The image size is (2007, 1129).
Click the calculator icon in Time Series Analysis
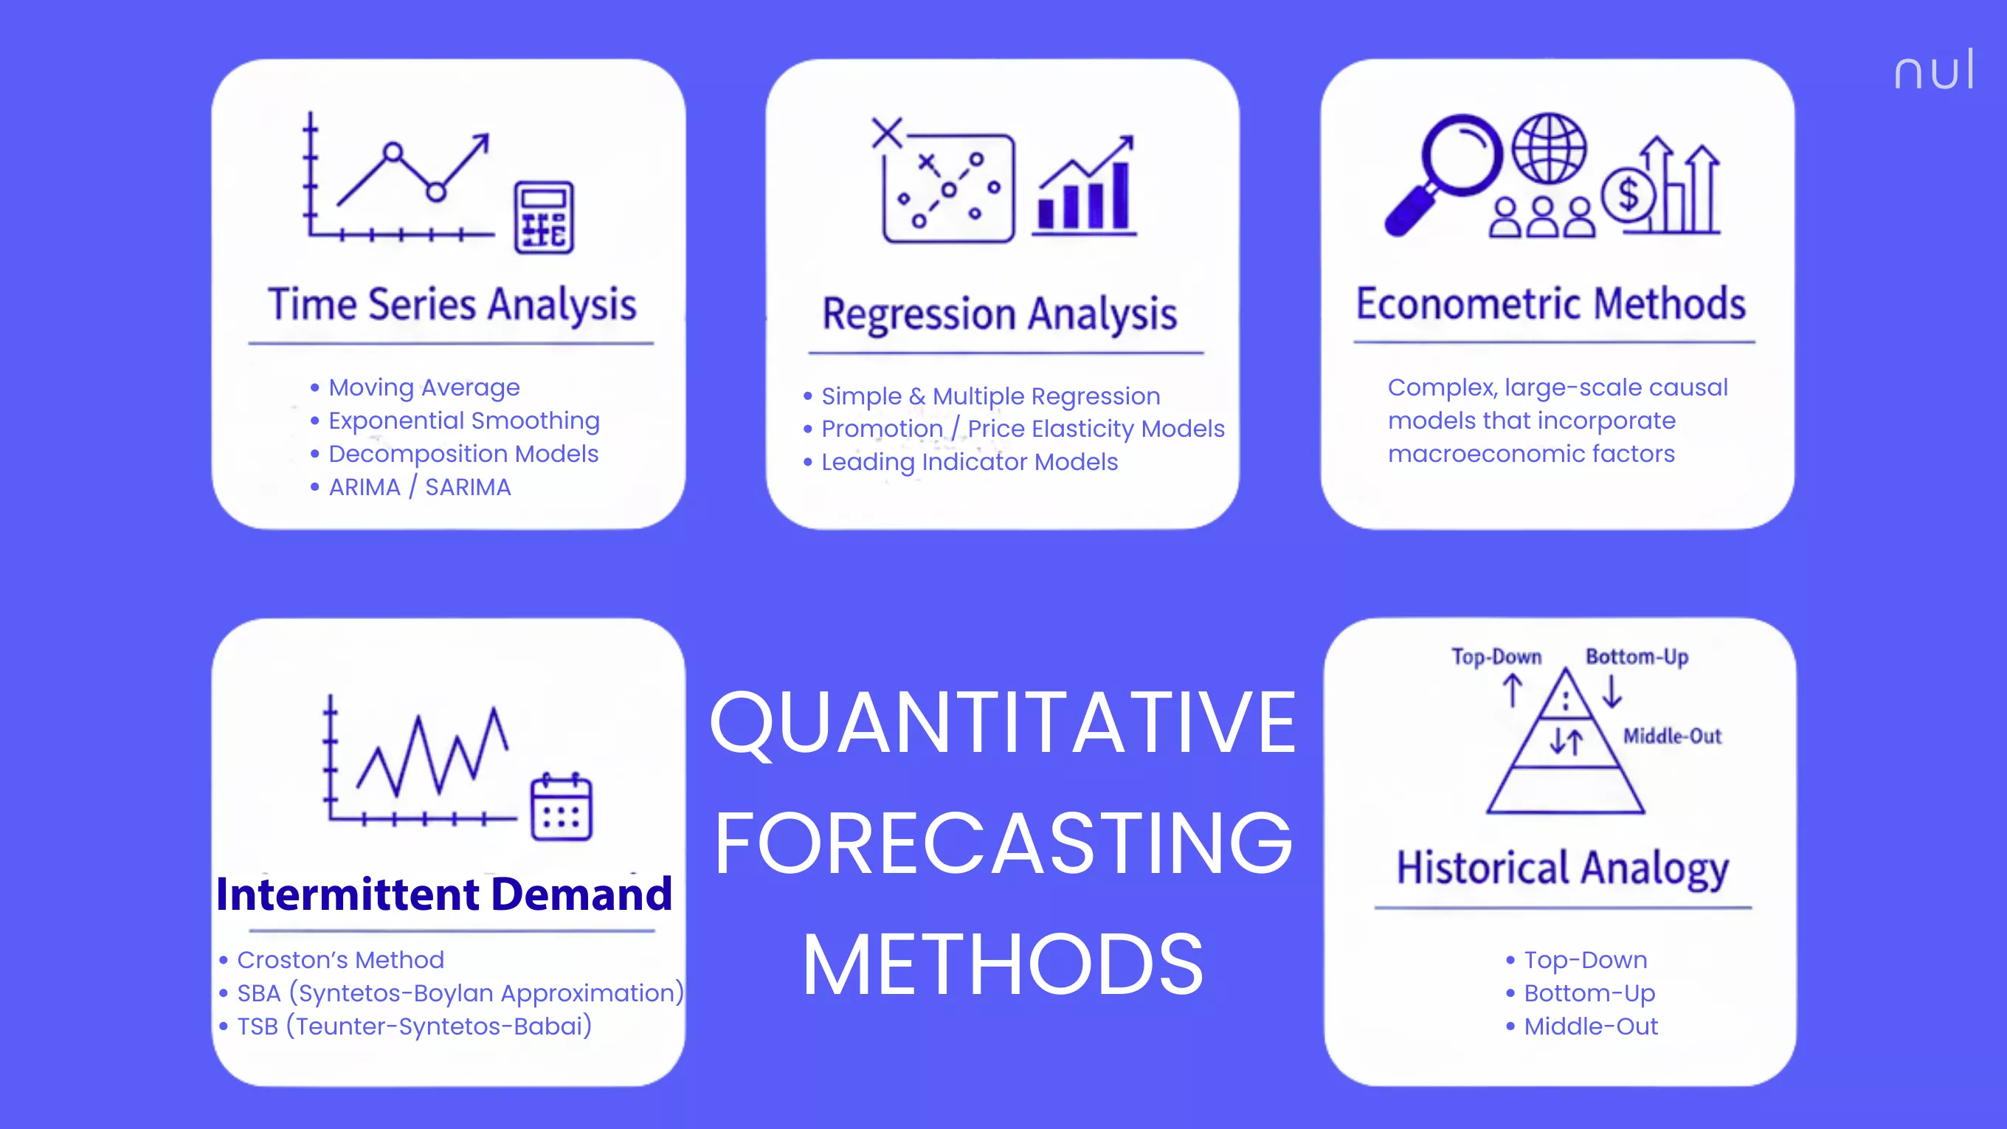[x=544, y=218]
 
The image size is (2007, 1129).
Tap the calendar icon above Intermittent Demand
[x=561, y=807]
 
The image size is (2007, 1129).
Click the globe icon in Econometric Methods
[x=1549, y=148]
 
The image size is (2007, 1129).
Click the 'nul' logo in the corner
[x=1934, y=70]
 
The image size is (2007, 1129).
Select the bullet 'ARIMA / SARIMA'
[x=419, y=487]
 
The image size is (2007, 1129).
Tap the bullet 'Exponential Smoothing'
[x=463, y=421]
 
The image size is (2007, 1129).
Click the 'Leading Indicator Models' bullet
[x=970, y=462]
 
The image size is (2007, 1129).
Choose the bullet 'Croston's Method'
[x=340, y=960]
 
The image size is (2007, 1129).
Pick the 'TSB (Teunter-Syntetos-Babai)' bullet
[x=414, y=1026]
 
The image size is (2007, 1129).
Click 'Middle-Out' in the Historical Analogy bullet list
[x=1590, y=1026]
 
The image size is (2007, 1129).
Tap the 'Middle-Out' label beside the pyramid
[x=1672, y=736]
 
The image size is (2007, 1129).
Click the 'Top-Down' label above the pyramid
[x=1496, y=657]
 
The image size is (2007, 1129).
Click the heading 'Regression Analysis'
[x=1000, y=314]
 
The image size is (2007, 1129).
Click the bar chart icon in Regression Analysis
[x=1085, y=187]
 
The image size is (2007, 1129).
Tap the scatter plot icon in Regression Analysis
[x=947, y=187]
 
